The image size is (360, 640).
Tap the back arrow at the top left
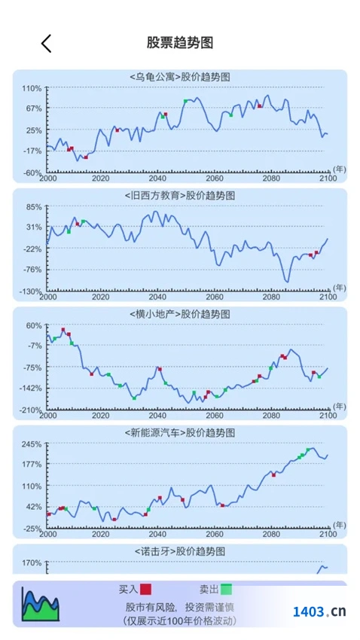tap(46, 43)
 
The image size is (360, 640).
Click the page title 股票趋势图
tap(180, 42)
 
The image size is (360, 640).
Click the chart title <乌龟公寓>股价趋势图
tap(180, 77)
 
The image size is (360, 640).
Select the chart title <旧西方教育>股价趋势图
tap(180, 196)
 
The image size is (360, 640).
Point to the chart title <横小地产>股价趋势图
tap(180, 314)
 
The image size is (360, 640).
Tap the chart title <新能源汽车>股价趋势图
tap(180, 433)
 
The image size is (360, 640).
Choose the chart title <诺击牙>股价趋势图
tap(180, 551)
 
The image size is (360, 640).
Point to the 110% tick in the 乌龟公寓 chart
tap(32, 88)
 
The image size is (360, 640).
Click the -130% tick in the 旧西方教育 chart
tap(31, 291)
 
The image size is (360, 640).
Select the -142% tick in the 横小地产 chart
tap(31, 389)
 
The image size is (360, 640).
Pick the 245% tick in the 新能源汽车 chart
tap(32, 444)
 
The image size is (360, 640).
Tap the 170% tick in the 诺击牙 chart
tap(32, 563)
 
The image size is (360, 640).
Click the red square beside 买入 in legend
tap(145, 589)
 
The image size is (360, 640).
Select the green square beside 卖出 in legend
tap(227, 589)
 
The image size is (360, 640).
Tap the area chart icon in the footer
tap(41, 604)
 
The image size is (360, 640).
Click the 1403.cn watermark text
tap(319, 611)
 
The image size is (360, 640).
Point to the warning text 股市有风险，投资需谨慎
tap(180, 608)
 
